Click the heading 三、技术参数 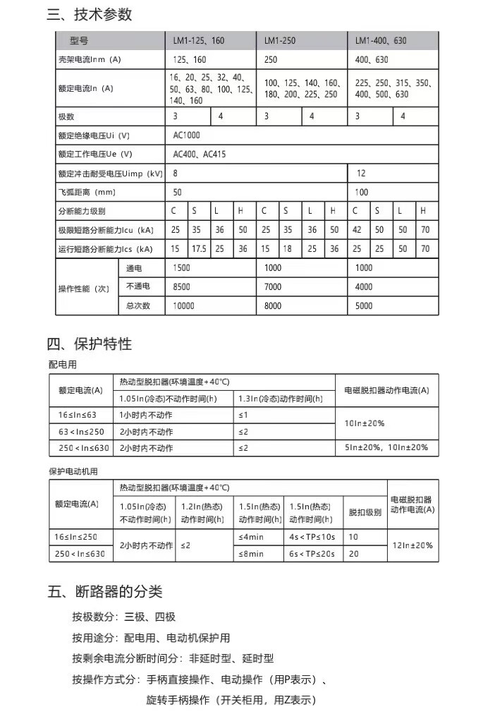pyautogui.click(x=90, y=15)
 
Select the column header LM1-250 pyautogui.click(x=279, y=41)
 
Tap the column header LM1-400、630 pyautogui.click(x=381, y=41)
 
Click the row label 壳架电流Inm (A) pyautogui.click(x=90, y=60)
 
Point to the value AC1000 pyautogui.click(x=186, y=135)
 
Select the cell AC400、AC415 pyautogui.click(x=200, y=154)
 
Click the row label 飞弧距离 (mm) pyautogui.click(x=87, y=192)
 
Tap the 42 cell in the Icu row pyautogui.click(x=358, y=230)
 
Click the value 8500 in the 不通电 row pyautogui.click(x=181, y=287)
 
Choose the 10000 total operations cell pyautogui.click(x=183, y=306)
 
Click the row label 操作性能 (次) pyautogui.click(x=84, y=288)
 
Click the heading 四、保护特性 pyautogui.click(x=90, y=344)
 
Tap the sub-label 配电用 pyautogui.click(x=62, y=365)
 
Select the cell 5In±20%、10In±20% pyautogui.click(x=386, y=448)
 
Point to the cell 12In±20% pyautogui.click(x=412, y=545)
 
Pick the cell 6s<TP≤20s pyautogui.click(x=312, y=555)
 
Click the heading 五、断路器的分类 pyautogui.click(x=105, y=591)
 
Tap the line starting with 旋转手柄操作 pyautogui.click(x=231, y=700)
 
